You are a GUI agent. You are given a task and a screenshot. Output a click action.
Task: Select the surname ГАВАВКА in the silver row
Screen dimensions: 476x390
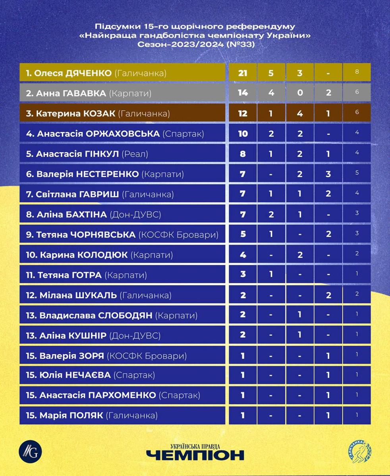pyautogui.click(x=86, y=93)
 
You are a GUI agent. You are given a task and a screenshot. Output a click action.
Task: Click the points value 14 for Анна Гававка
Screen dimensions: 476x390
pyautogui.click(x=243, y=93)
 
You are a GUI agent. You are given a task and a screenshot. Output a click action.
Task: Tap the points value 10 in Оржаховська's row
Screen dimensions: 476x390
pyautogui.click(x=243, y=134)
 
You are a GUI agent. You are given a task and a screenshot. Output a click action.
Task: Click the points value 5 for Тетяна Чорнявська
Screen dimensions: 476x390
pyautogui.click(x=243, y=235)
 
